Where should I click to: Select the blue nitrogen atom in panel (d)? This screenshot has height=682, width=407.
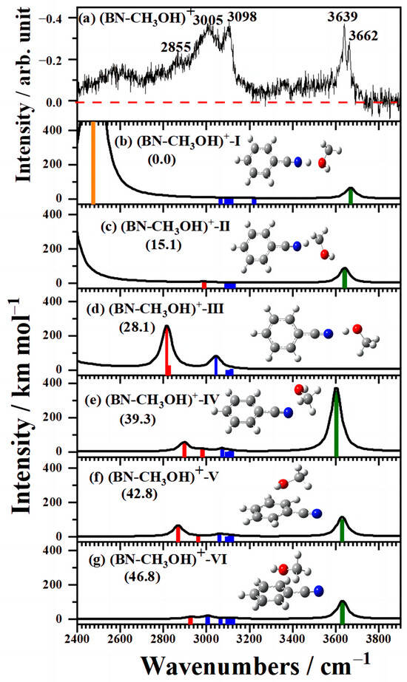(329, 334)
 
